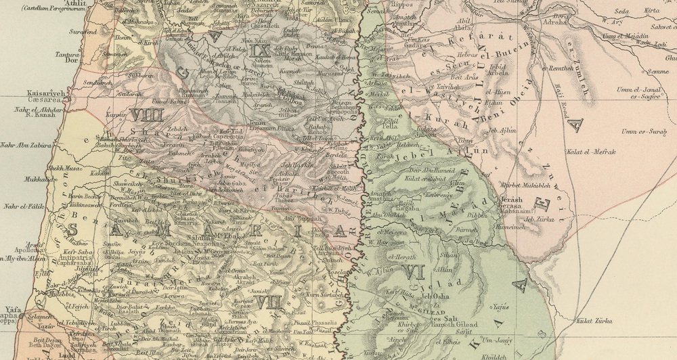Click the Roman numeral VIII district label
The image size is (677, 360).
coord(147,115)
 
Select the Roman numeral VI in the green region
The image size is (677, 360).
coord(412,271)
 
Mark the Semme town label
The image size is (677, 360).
coord(657,70)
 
